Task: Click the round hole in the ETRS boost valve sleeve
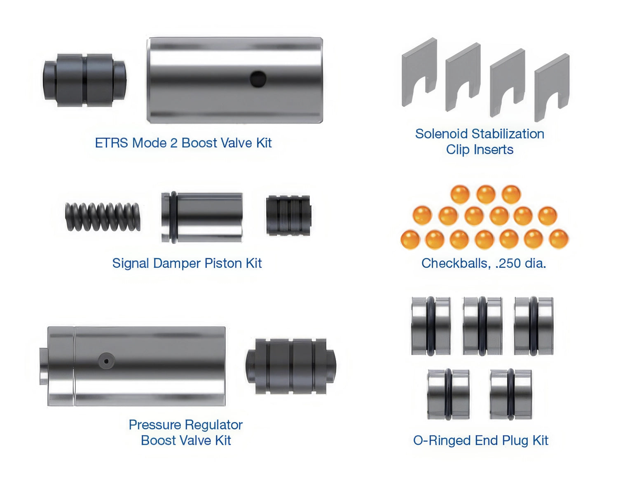[x=258, y=79]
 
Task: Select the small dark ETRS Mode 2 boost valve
[x=84, y=80]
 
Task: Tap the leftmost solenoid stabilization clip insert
[x=419, y=72]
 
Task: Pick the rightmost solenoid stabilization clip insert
[x=552, y=88]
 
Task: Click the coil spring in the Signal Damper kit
[x=103, y=217]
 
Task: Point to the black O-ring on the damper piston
[x=173, y=218]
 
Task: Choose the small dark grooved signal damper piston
[x=288, y=215]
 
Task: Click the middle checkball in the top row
[x=486, y=194]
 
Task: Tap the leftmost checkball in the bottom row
[x=410, y=239]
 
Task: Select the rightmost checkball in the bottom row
[x=559, y=239]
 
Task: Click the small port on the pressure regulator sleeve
[x=106, y=361]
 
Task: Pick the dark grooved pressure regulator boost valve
[x=290, y=366]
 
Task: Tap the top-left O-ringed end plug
[x=431, y=326]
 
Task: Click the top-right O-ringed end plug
[x=534, y=326]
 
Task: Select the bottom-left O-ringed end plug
[x=448, y=394]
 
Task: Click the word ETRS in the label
[x=111, y=143]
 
